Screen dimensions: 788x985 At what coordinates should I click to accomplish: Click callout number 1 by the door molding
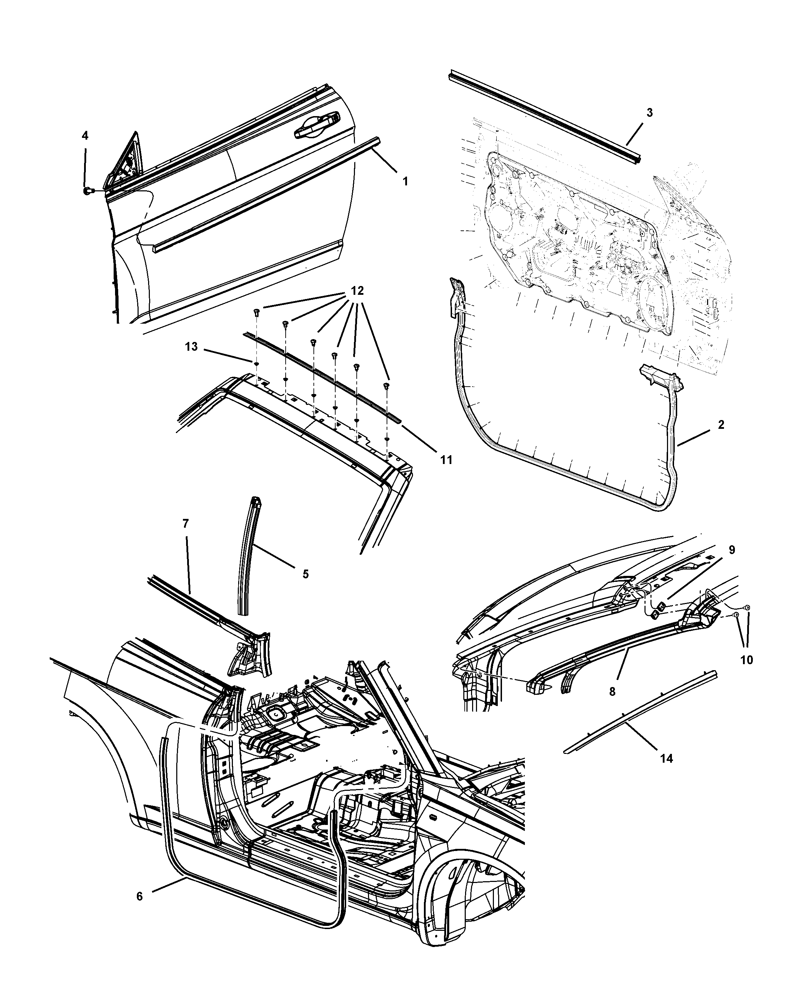[405, 182]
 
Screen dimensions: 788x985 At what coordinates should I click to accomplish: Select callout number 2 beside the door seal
[721, 424]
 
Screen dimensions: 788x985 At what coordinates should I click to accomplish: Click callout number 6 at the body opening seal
[139, 896]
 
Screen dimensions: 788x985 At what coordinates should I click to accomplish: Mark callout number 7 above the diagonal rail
[185, 523]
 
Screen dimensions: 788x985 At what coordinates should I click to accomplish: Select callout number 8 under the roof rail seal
[612, 692]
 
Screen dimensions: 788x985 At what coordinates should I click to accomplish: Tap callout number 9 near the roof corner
[732, 550]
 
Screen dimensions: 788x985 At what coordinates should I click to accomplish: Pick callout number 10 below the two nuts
[746, 660]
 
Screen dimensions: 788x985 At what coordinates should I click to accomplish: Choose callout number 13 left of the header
[191, 347]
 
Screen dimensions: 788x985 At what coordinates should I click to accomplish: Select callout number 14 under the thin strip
[667, 758]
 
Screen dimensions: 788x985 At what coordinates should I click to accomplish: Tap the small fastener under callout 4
[87, 190]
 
